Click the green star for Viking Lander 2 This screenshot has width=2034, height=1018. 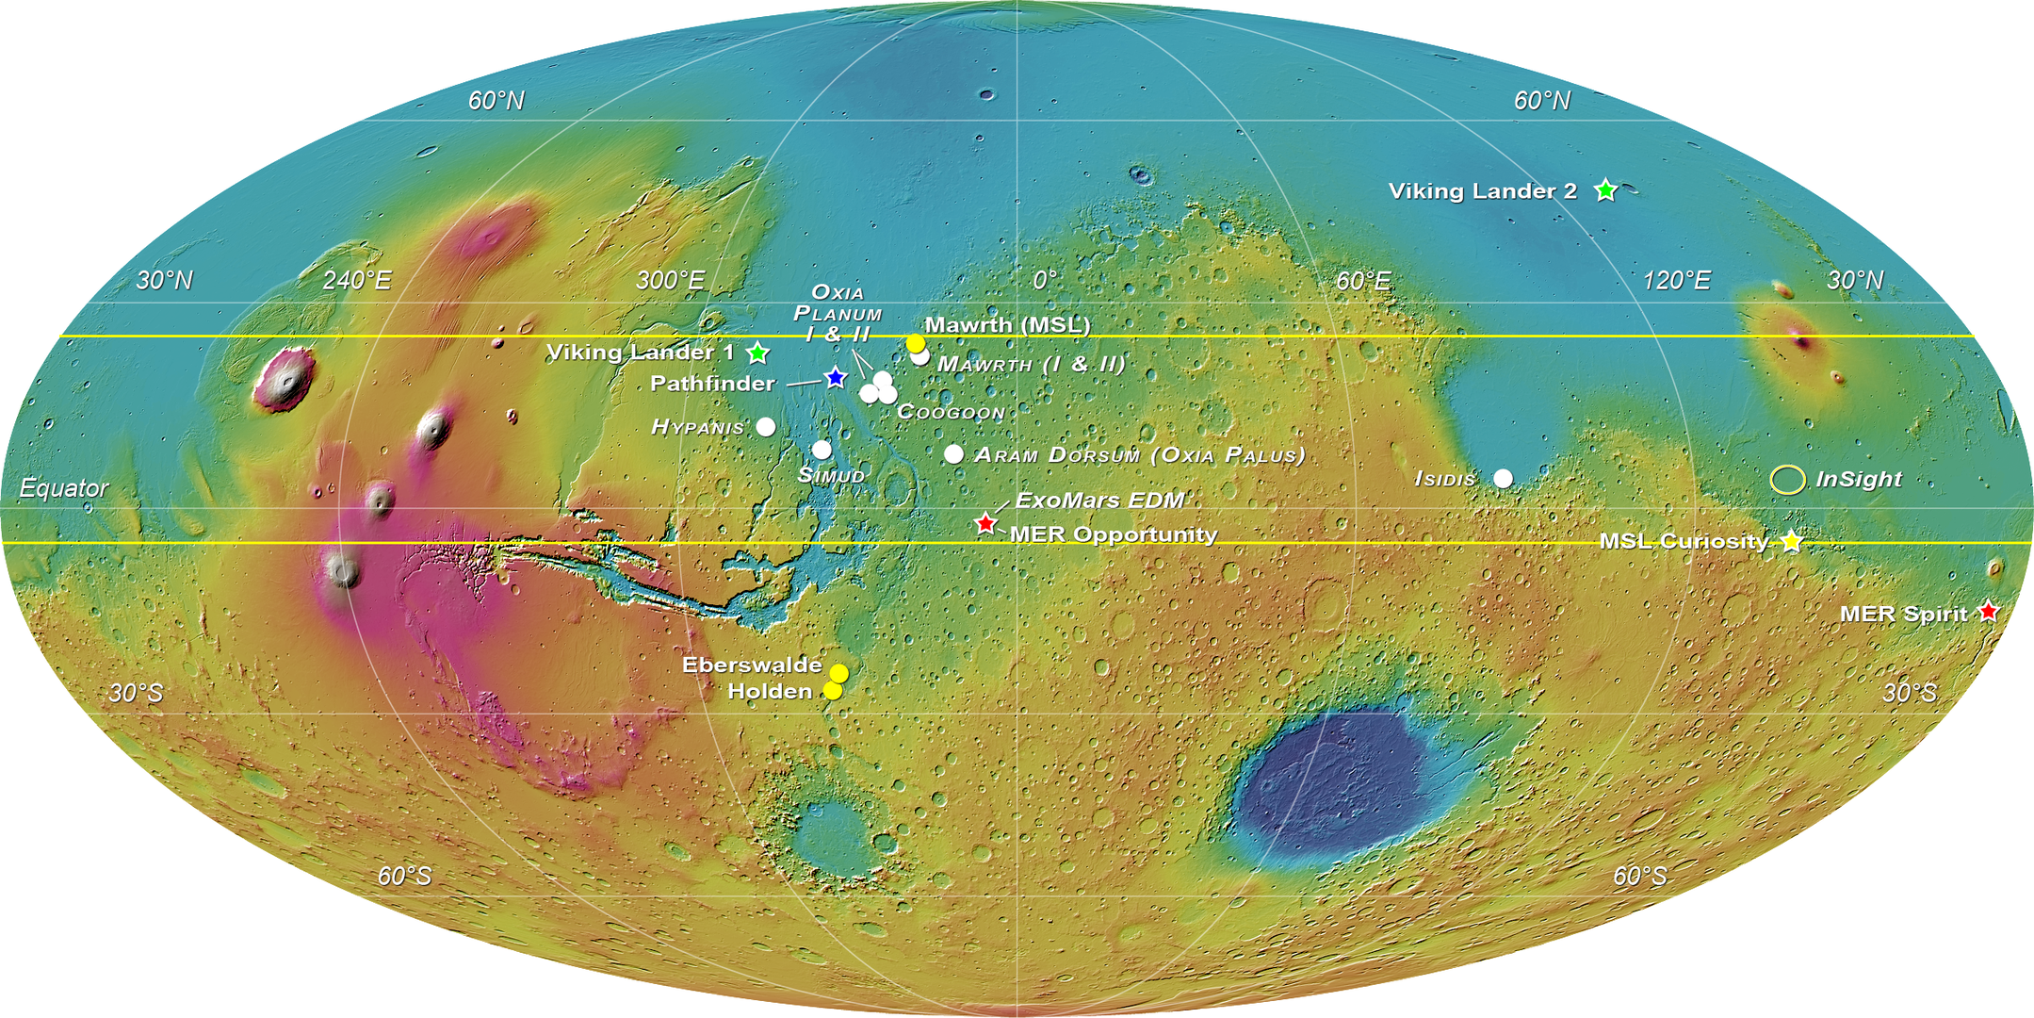point(1605,190)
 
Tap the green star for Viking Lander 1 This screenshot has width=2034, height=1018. point(757,353)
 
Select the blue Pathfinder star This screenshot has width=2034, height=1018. point(835,378)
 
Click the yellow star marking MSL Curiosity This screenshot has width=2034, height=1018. point(1791,541)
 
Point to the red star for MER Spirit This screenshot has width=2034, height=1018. point(1988,611)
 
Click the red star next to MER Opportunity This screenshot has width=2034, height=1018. point(985,522)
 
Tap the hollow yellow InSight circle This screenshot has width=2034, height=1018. point(1787,479)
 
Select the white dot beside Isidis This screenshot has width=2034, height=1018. point(1504,478)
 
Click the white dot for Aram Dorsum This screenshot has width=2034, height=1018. point(953,454)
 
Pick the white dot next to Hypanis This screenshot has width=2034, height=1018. point(766,427)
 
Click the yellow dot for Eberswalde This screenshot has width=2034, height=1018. point(838,673)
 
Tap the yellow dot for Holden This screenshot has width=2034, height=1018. point(833,691)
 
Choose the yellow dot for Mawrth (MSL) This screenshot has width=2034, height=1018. point(915,343)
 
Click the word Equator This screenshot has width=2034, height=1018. point(64,487)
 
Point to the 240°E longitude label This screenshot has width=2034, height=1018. point(356,280)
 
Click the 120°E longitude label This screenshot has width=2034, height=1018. point(1677,280)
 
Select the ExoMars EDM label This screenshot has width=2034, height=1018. point(1099,500)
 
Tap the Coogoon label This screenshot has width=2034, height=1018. point(951,412)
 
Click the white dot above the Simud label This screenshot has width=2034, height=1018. point(822,450)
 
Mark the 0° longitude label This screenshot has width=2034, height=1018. point(1045,280)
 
